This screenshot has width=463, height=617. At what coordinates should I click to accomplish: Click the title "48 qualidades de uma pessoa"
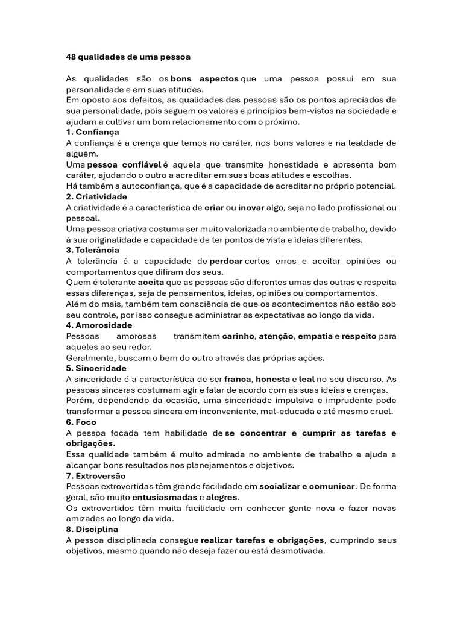pos(128,57)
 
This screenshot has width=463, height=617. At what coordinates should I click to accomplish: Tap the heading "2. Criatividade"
pos(96,197)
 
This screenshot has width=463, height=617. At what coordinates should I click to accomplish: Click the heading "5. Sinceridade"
pos(96,368)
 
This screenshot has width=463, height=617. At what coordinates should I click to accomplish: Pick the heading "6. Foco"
pos(81,422)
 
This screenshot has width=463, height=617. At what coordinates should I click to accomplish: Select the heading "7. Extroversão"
pos(96,476)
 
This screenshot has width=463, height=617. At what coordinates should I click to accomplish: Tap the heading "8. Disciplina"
pos(92,530)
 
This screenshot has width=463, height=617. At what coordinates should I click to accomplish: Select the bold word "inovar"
pos(251,208)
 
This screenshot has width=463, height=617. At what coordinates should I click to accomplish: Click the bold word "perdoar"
pos(226,261)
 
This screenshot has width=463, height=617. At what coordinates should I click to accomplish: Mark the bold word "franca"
pos(238,379)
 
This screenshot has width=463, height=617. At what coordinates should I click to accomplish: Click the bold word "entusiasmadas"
pos(165,498)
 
